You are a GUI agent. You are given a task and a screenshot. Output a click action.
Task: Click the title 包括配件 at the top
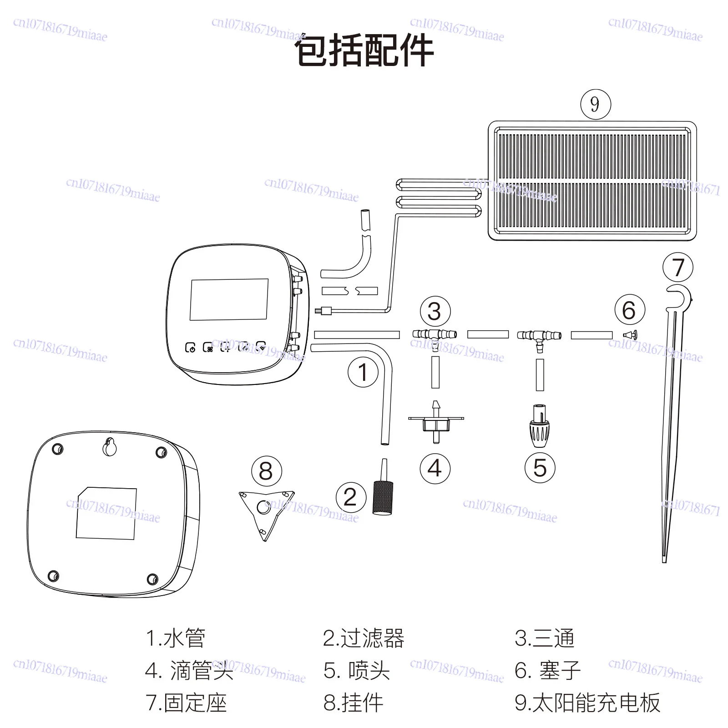coord(364,51)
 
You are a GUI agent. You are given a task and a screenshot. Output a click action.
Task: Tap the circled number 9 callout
coord(595,104)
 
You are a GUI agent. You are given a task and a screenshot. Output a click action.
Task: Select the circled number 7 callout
coord(677,268)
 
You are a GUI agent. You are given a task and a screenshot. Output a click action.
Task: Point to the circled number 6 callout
coord(629,310)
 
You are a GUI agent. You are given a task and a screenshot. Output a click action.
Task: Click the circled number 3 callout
coord(435,312)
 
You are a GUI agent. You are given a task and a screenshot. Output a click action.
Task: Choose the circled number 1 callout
coord(363,372)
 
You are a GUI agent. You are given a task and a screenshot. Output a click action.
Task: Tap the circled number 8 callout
coord(266,471)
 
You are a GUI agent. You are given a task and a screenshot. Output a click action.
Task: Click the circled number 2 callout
coord(350,497)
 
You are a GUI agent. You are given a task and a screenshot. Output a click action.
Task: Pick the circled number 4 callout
coord(435,468)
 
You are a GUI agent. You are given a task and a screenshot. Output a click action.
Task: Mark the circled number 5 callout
coord(540,468)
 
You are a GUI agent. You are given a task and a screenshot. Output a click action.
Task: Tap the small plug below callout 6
coord(630,335)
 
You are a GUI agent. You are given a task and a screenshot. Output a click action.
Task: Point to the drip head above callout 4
coord(436,421)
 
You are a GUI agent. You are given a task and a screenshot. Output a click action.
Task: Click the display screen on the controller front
coord(229,299)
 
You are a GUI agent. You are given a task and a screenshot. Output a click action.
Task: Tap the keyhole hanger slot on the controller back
coord(109,447)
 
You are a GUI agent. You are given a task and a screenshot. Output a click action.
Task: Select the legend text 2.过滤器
coord(363,638)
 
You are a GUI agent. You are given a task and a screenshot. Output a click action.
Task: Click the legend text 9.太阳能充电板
coord(587,703)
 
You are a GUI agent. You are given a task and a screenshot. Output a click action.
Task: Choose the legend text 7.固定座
coord(186,703)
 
